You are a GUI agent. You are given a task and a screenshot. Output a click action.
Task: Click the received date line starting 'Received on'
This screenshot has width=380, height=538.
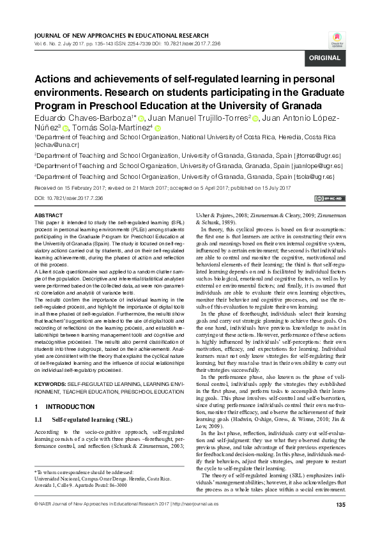tap(162, 188)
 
